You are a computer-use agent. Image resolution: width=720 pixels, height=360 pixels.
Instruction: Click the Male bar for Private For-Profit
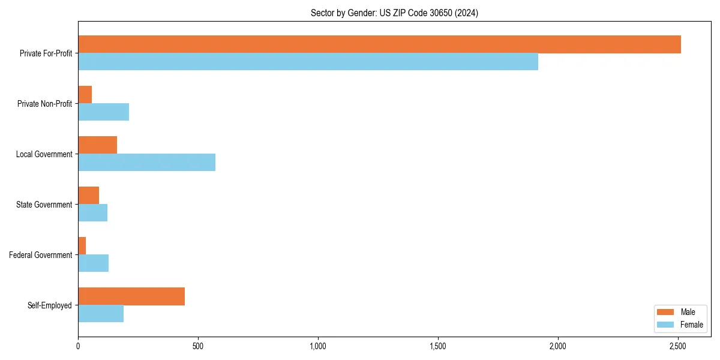click(x=379, y=44)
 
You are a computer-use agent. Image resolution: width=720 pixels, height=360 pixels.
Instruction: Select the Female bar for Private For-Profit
click(x=308, y=62)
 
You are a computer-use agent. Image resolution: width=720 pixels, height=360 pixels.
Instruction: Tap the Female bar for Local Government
click(x=146, y=163)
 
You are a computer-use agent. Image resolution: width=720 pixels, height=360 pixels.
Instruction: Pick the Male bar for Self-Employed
click(x=131, y=296)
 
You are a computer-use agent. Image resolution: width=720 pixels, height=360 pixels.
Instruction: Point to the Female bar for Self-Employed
click(x=101, y=314)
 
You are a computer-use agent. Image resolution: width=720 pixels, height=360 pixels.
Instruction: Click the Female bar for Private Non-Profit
click(x=103, y=112)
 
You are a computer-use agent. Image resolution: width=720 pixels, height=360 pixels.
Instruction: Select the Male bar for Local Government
click(x=97, y=145)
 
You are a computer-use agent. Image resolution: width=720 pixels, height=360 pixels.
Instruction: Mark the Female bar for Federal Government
click(x=93, y=263)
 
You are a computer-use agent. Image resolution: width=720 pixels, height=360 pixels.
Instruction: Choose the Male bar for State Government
click(x=88, y=196)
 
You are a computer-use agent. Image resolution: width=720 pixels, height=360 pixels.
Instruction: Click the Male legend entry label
click(x=688, y=312)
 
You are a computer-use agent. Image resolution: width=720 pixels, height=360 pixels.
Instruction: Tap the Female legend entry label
click(x=691, y=325)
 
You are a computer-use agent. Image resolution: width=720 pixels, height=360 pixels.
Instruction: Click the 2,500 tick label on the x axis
click(x=678, y=346)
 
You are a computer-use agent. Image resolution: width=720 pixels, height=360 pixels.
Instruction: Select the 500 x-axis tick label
click(x=198, y=346)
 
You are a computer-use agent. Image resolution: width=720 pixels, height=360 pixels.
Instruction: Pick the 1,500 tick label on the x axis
click(x=438, y=346)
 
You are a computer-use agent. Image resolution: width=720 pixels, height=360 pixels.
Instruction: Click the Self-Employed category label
click(x=50, y=305)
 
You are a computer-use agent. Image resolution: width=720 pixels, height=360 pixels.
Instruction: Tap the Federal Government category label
click(x=41, y=255)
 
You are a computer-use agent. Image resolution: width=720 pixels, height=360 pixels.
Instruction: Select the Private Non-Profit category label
click(x=44, y=104)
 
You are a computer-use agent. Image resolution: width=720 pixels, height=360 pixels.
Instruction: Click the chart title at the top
click(x=394, y=13)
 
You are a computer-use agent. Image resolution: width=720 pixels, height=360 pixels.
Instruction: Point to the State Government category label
click(x=44, y=205)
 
